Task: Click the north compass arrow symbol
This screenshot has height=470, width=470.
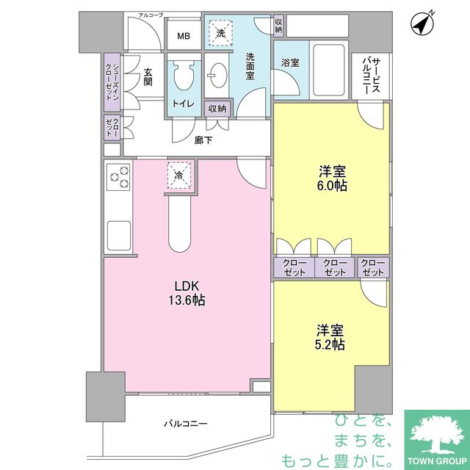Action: pyautogui.click(x=423, y=24)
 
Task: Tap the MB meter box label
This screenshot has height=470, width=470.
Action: pyautogui.click(x=184, y=36)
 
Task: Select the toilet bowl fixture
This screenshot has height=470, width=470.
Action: pyautogui.click(x=184, y=76)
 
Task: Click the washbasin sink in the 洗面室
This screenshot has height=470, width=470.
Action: pyautogui.click(x=217, y=75)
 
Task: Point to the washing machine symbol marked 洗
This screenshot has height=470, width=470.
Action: pyautogui.click(x=220, y=32)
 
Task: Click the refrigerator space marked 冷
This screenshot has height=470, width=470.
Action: pyautogui.click(x=179, y=176)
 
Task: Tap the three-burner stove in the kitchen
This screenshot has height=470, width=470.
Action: pyautogui.click(x=119, y=177)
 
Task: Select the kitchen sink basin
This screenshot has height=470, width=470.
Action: pyautogui.click(x=119, y=235)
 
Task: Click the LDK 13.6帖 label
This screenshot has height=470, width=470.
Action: pyautogui.click(x=187, y=293)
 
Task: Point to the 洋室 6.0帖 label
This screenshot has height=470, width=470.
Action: pyautogui.click(x=332, y=178)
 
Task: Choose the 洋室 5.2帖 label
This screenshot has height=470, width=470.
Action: pyautogui.click(x=330, y=337)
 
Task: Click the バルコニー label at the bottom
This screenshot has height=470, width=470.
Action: pyautogui.click(x=186, y=424)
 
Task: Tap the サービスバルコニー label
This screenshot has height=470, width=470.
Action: pyautogui.click(x=372, y=76)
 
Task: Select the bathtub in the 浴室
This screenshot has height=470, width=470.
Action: pyautogui.click(x=329, y=70)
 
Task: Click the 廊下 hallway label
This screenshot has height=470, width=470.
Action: pyautogui.click(x=203, y=140)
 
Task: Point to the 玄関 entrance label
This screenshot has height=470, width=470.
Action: pyautogui.click(x=148, y=77)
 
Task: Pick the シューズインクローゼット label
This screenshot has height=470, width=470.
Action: pyautogui.click(x=112, y=82)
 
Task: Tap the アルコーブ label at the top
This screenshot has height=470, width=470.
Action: pyautogui.click(x=151, y=15)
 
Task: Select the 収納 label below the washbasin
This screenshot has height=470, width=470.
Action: pyautogui.click(x=217, y=108)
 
